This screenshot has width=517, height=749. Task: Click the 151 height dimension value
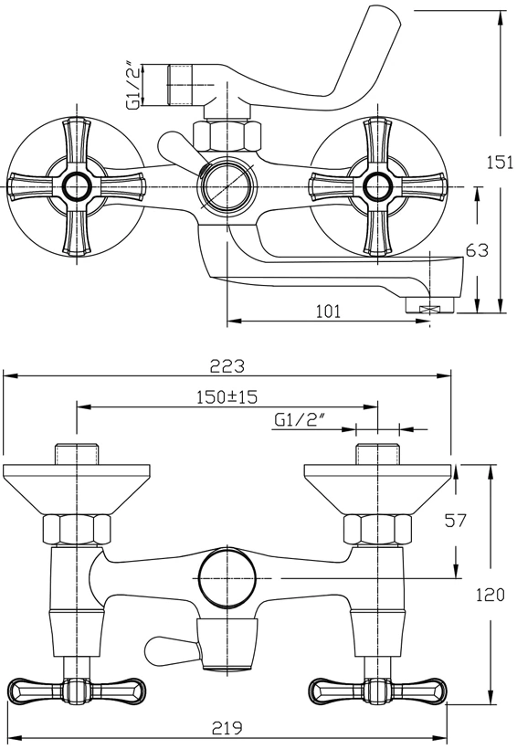coord(500,163)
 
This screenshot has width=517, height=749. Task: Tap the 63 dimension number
coord(478,250)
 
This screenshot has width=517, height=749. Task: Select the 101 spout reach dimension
coord(329,311)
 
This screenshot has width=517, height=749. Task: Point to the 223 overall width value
coord(227,366)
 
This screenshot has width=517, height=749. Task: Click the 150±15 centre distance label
coord(227,396)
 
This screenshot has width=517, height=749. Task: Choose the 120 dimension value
coord(491,595)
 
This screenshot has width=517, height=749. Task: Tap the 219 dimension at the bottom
coord(226,728)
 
